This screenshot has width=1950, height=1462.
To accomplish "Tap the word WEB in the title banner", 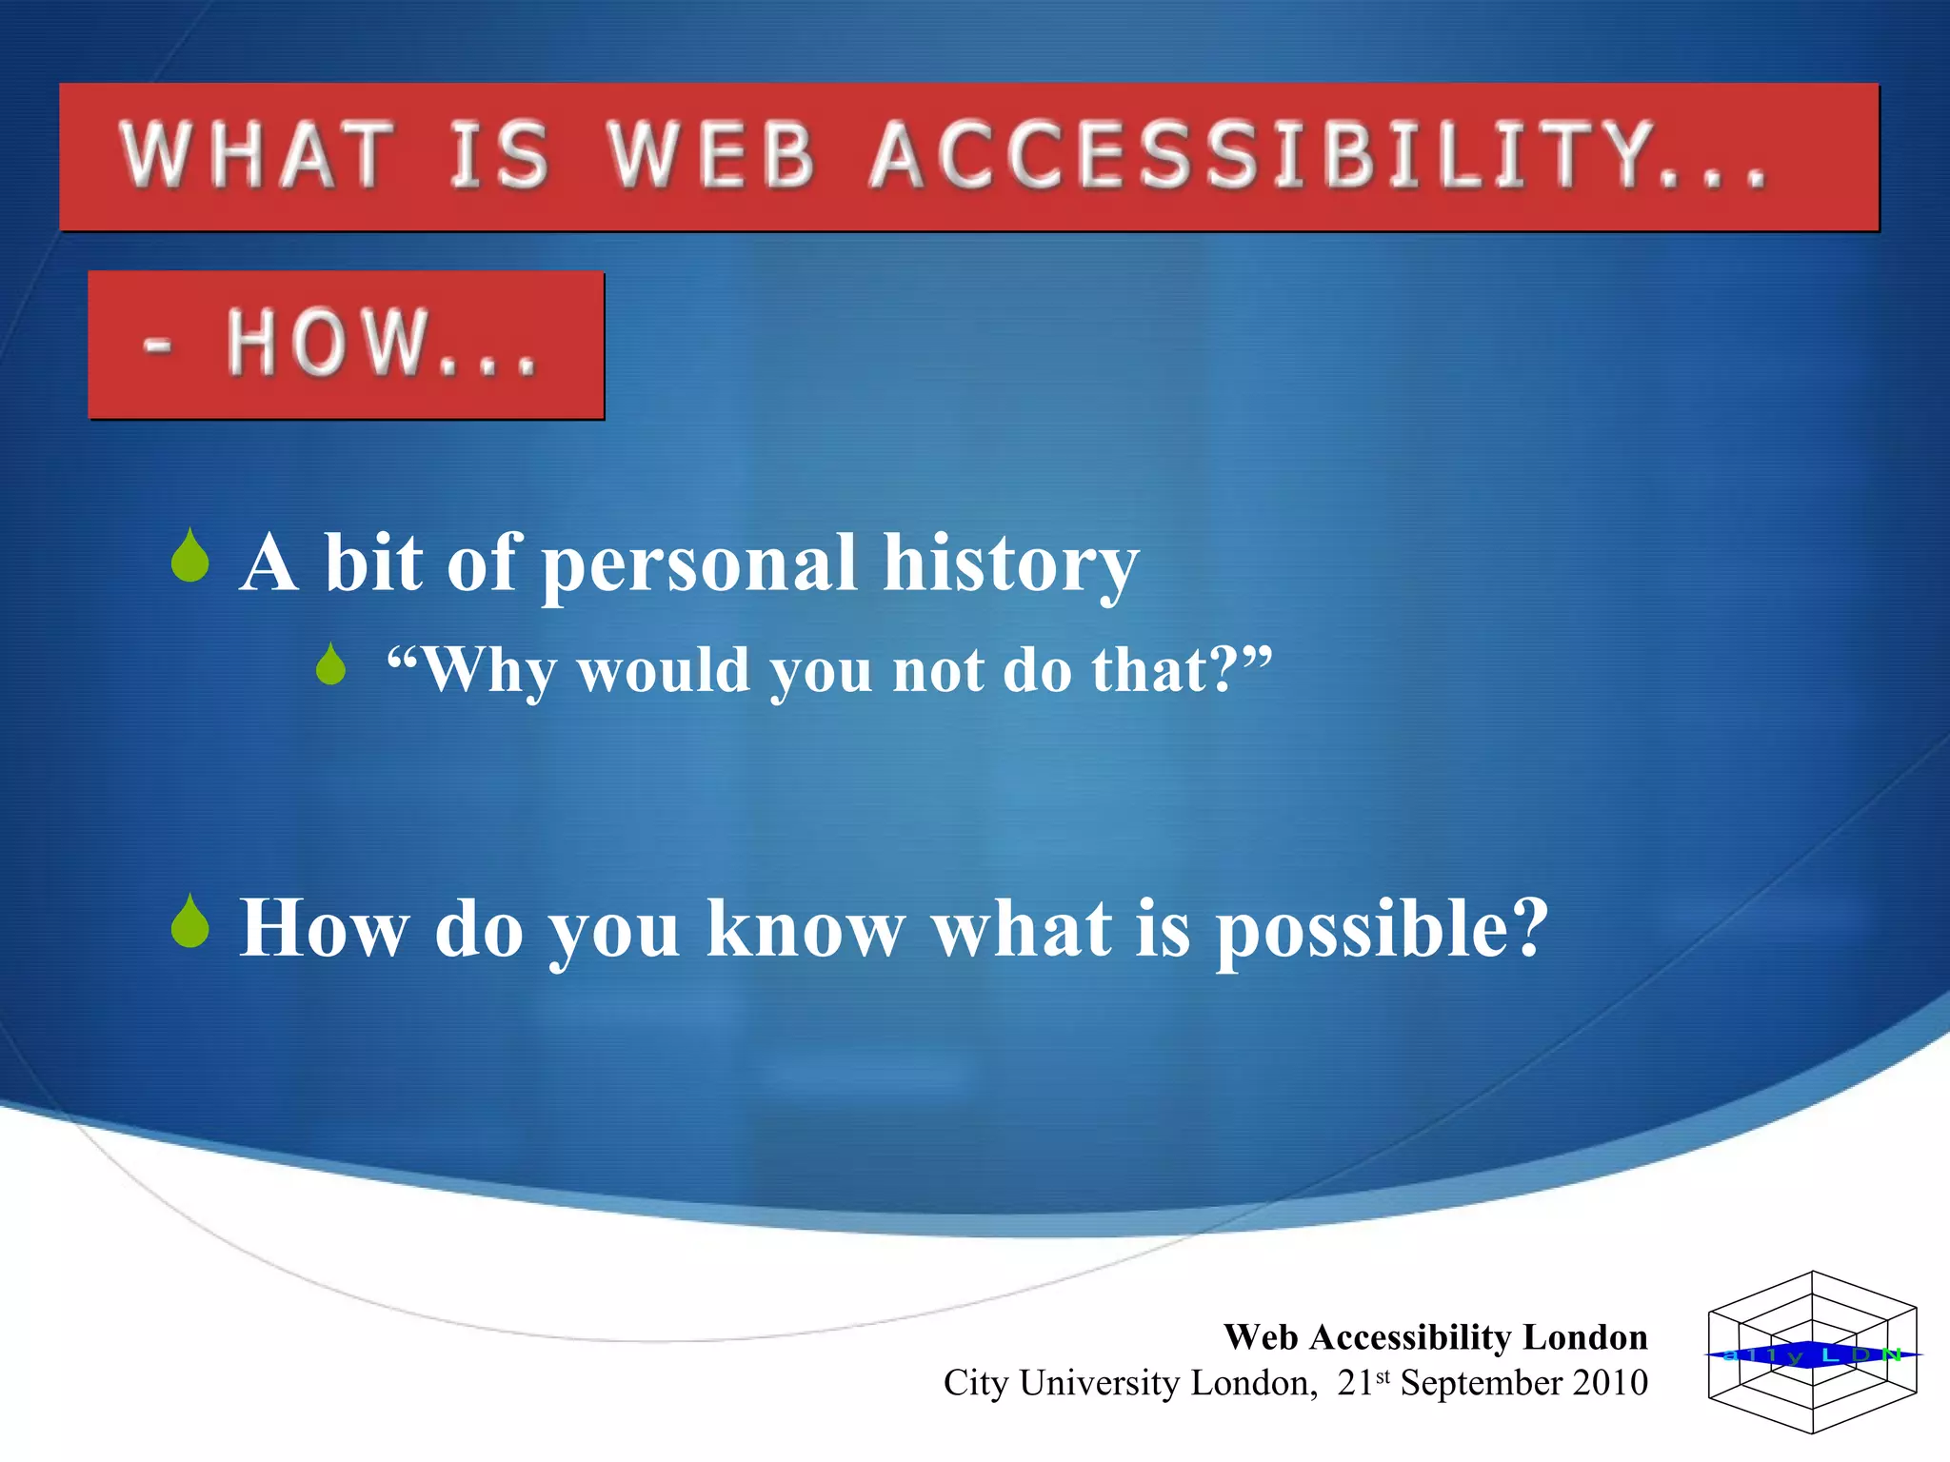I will click(x=712, y=155).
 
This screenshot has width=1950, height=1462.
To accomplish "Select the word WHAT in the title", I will click(x=257, y=155).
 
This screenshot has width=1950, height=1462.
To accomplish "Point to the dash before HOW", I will click(x=157, y=345).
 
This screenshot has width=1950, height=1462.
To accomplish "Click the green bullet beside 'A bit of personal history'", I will click(x=190, y=556).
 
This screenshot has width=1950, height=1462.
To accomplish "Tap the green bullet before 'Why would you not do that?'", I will click(x=331, y=664).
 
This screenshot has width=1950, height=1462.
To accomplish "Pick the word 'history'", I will click(x=1010, y=564).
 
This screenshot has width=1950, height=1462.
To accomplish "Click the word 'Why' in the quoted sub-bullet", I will click(x=486, y=671).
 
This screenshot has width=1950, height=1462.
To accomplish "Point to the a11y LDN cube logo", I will click(x=1812, y=1353).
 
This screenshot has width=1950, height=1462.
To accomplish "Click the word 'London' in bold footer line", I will click(x=1585, y=1337).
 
